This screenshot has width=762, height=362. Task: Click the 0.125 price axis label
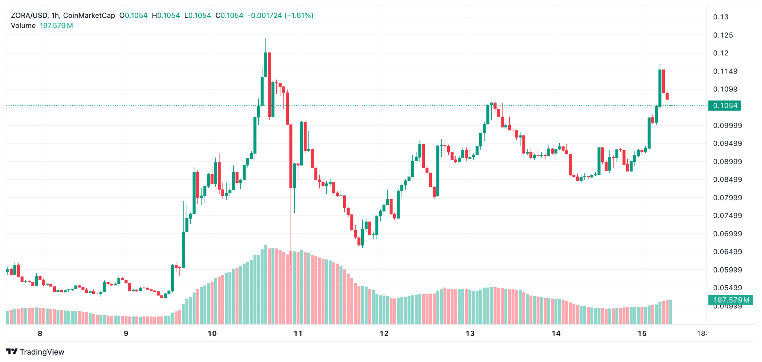[723, 35]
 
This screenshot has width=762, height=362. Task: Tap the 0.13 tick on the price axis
[721, 17]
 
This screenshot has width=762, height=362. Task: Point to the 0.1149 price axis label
[725, 71]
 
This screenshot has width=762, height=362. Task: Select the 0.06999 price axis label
[727, 234]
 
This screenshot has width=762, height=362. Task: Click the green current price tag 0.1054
[725, 106]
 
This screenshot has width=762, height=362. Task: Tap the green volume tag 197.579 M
[730, 300]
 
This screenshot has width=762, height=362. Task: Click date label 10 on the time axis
[212, 333]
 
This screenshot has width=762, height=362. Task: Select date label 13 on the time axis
[470, 333]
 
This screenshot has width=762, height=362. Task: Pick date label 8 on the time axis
[40, 333]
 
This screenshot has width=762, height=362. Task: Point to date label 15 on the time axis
[642, 333]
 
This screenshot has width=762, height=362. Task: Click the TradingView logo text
[42, 352]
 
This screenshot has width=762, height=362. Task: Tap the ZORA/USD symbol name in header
[29, 16]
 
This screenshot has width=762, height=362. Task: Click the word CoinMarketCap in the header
[89, 16]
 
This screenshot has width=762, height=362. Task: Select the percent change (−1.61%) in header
[299, 16]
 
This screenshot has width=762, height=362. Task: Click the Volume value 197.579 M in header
[56, 26]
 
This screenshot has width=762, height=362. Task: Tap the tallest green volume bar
[266, 284]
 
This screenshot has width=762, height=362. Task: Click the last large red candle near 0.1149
[663, 81]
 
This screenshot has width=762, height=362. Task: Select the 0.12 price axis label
[721, 53]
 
